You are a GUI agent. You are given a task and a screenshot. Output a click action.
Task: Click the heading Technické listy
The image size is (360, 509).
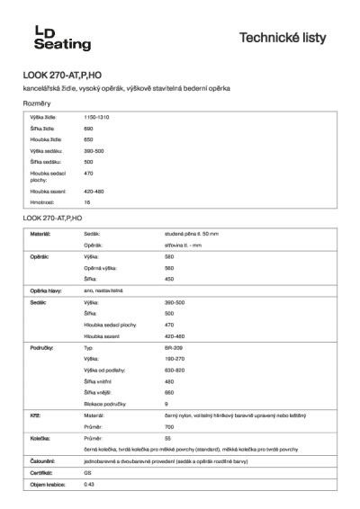tap(289, 38)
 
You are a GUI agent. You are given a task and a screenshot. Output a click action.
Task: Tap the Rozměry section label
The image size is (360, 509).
tap(37, 104)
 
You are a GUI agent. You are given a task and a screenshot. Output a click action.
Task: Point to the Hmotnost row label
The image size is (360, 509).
tap(42, 202)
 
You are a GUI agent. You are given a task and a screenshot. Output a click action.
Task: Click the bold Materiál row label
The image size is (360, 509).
tap(40, 234)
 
